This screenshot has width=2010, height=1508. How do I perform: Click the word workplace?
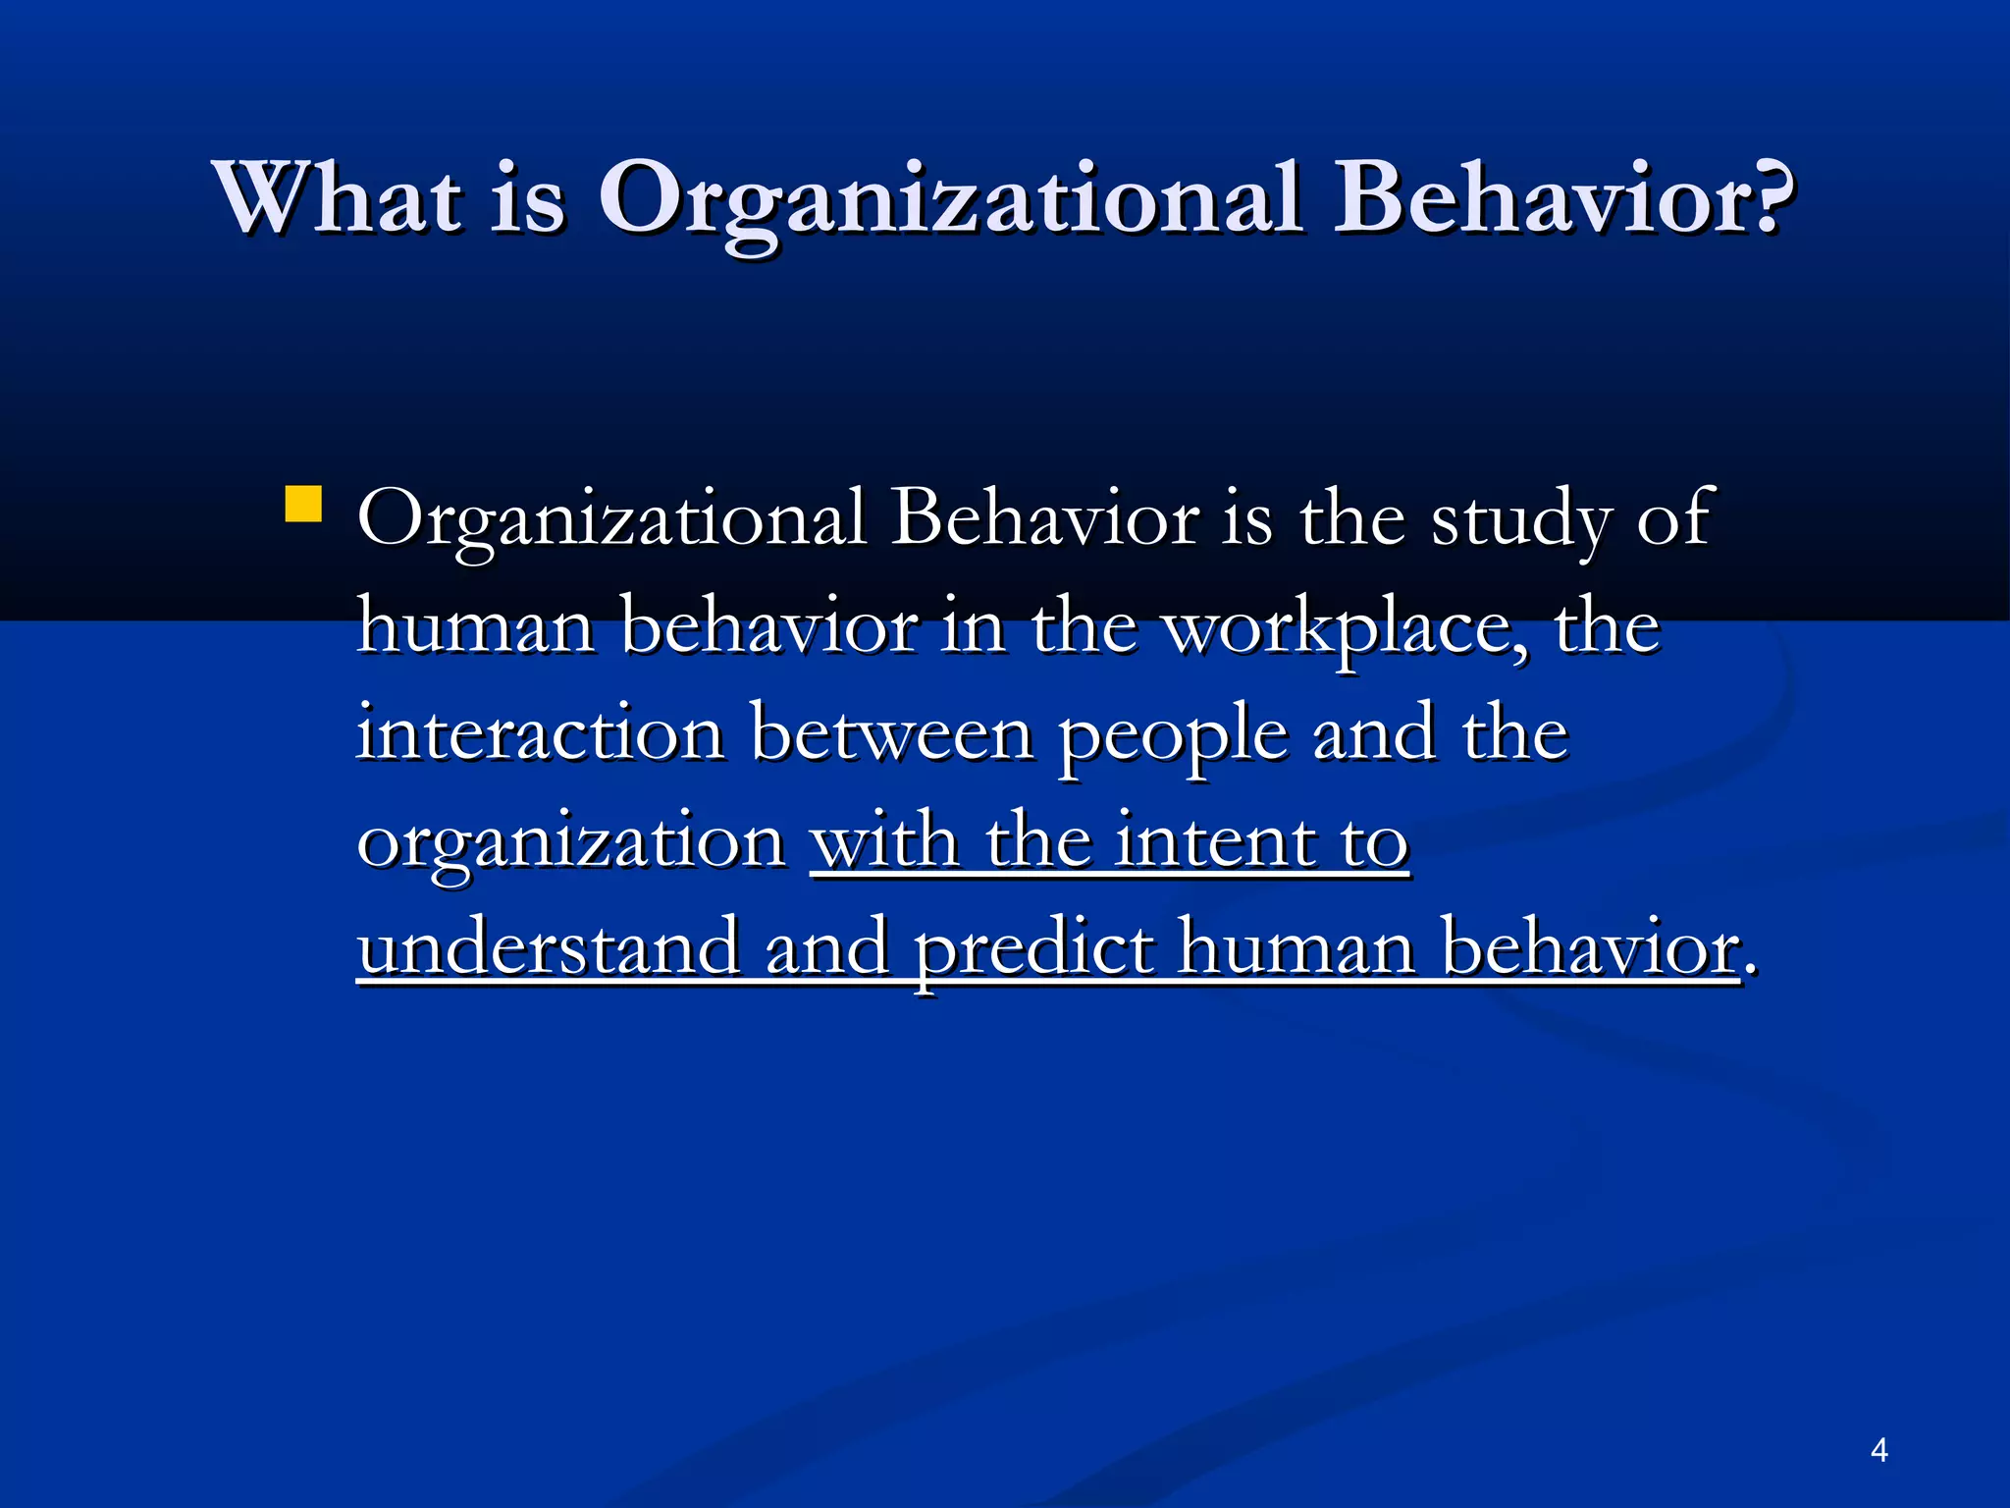pos(1346,628)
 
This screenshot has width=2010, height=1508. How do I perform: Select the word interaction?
pos(540,734)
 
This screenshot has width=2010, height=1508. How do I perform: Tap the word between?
pos(891,734)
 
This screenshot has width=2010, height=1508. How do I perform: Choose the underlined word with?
pos(884,842)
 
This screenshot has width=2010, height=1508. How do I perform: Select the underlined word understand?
pos(549,948)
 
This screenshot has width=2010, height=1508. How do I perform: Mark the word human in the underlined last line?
pos(1296,948)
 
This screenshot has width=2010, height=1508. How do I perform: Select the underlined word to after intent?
pos(1375,842)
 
